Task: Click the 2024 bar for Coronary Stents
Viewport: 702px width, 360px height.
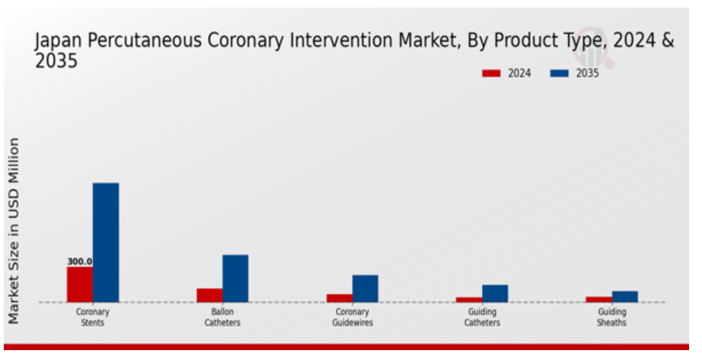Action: [79, 284]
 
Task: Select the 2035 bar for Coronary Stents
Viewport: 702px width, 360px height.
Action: [106, 242]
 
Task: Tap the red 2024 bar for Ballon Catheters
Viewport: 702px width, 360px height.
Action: [209, 295]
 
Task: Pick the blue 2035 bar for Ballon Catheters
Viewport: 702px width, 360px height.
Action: [235, 278]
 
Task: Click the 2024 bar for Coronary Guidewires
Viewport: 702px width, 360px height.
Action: [340, 298]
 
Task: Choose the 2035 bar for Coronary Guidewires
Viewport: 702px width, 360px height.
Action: [365, 288]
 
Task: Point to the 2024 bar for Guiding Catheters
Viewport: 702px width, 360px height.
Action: [469, 299]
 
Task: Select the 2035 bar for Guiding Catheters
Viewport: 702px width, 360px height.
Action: [495, 293]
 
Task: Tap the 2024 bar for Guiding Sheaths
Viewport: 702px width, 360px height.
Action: [598, 298]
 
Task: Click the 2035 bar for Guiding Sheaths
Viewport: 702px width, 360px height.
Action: [625, 296]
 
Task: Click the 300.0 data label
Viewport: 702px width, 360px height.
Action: [79, 261]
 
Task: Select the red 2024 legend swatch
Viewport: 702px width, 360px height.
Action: [491, 74]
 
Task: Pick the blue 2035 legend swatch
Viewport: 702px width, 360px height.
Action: [560, 74]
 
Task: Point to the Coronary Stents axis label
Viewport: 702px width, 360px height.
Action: [93, 317]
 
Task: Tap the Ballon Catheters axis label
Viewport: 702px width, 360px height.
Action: [222, 317]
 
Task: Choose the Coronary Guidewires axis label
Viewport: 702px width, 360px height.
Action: [353, 317]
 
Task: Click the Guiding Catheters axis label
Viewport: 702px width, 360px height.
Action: [482, 317]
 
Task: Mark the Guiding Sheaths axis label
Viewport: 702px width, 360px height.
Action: [611, 317]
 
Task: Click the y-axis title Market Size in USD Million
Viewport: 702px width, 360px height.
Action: [14, 231]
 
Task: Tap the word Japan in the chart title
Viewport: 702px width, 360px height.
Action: [58, 42]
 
